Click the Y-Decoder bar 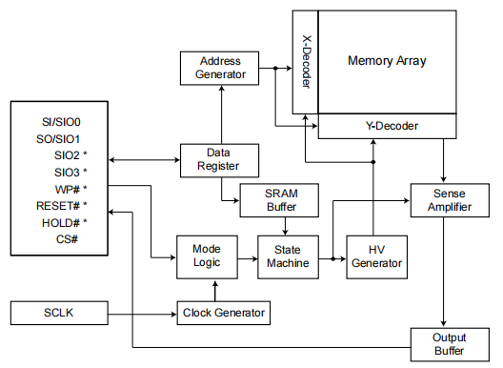click(x=392, y=125)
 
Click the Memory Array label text click(x=387, y=61)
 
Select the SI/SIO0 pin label click(x=60, y=122)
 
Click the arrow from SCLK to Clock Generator click(x=143, y=313)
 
